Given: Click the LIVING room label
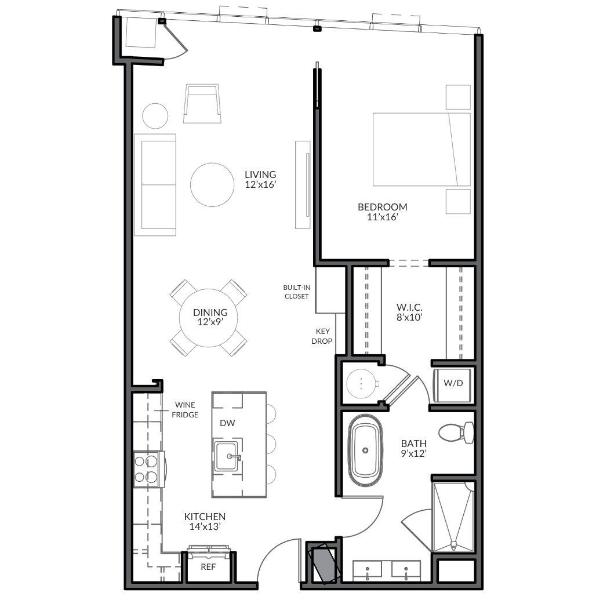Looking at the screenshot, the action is [260, 175].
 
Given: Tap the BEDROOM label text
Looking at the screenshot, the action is [383, 207].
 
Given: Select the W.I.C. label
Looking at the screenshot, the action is [409, 307].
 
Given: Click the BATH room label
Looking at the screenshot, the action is [413, 444].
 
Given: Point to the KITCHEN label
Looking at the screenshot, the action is [205, 517].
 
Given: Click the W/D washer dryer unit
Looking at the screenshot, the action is [453, 384].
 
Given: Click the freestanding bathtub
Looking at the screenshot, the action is [365, 450].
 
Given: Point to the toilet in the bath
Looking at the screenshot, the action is [456, 433].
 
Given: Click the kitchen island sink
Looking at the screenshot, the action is [228, 456].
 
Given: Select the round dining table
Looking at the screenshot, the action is [209, 318].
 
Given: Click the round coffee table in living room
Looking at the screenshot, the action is [212, 185].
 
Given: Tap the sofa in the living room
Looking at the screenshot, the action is [155, 185].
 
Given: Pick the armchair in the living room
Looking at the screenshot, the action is [202, 103].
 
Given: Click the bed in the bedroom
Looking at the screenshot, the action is [421, 150].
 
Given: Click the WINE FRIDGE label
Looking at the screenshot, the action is [185, 410].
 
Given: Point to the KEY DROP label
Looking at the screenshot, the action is [322, 336].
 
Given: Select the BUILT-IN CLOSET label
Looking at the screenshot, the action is [296, 292].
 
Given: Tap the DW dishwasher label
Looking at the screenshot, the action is [227, 423].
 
